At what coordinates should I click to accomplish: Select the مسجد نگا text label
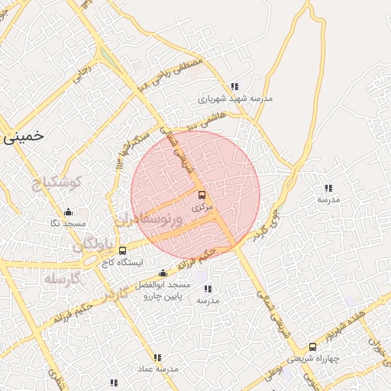click(x=67, y=223)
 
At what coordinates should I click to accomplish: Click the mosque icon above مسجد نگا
click(x=68, y=212)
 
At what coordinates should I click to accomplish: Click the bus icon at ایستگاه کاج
click(x=123, y=250)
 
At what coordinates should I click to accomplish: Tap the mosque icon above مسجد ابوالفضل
click(x=162, y=273)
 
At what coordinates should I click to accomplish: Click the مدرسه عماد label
click(x=157, y=368)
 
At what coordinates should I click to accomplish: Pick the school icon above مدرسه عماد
click(x=157, y=357)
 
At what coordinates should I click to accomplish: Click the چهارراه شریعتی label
click(x=312, y=358)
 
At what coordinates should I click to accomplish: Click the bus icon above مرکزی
click(x=202, y=195)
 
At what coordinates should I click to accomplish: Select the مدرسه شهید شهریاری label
click(x=235, y=98)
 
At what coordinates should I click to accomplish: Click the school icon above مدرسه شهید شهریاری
click(x=234, y=86)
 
